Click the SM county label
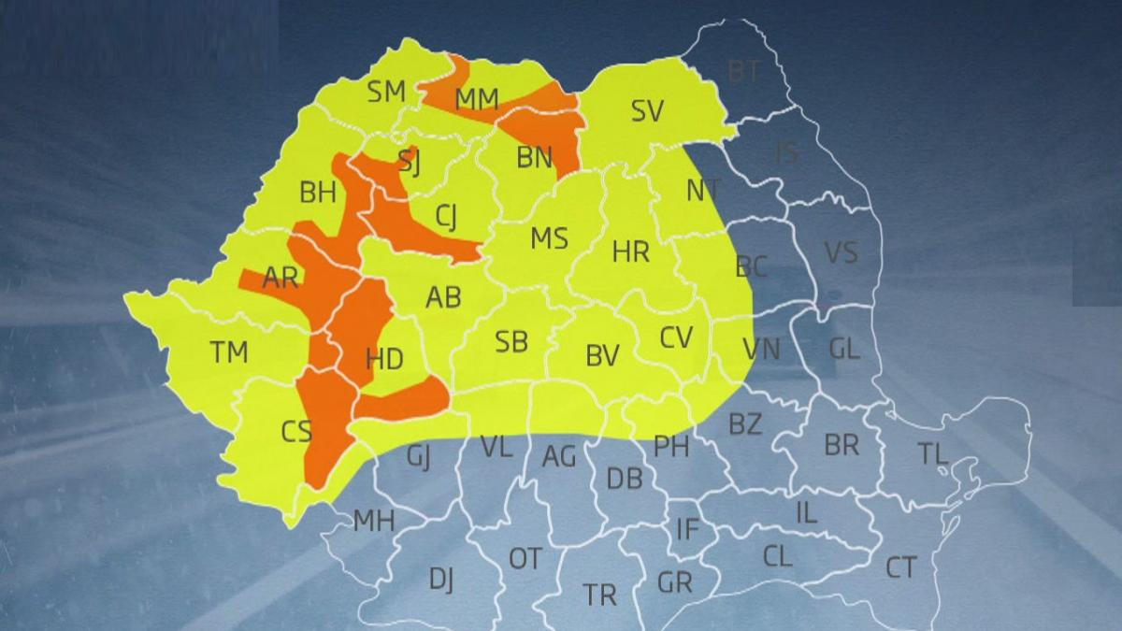(386, 92)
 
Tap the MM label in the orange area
(477, 99)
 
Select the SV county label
(647, 111)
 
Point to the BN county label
(535, 157)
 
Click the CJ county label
(447, 217)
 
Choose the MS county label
(549, 238)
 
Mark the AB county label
(443, 297)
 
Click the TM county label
(229, 352)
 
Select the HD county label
(384, 359)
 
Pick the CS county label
(296, 431)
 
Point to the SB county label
(511, 342)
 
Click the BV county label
(602, 355)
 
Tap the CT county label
(900, 566)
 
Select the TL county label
(932, 454)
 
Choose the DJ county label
(441, 580)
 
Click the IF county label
(687, 529)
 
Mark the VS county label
(841, 252)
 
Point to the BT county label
(743, 70)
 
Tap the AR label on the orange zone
(280, 278)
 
